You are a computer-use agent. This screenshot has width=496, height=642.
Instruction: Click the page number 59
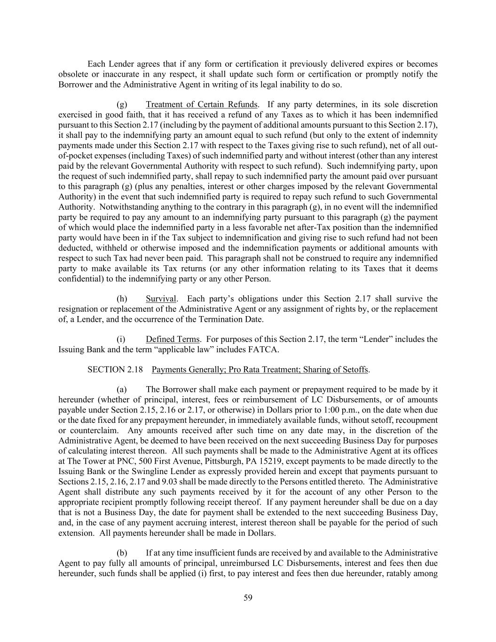(x=248, y=598)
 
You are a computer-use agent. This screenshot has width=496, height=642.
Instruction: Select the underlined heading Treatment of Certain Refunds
(x=202, y=104)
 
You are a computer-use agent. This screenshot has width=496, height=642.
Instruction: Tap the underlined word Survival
(x=161, y=299)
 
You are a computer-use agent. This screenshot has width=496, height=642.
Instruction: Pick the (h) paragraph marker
(x=122, y=299)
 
